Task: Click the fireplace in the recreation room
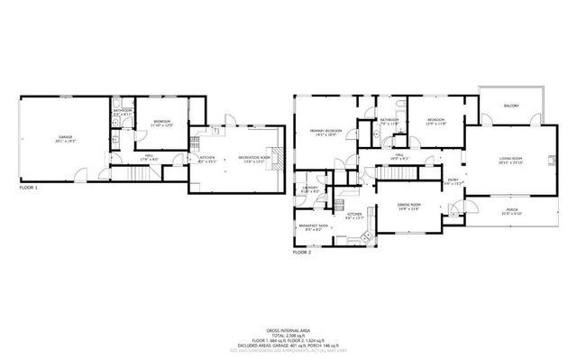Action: pos(279,158)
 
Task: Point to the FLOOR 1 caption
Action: pos(31,189)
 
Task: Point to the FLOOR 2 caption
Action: pos(302,254)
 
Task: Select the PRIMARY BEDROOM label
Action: pos(325,132)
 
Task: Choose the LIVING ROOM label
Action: pos(510,160)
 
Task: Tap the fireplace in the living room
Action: pos(546,162)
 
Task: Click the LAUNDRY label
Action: pos(309,188)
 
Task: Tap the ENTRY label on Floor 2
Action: pos(453,179)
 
